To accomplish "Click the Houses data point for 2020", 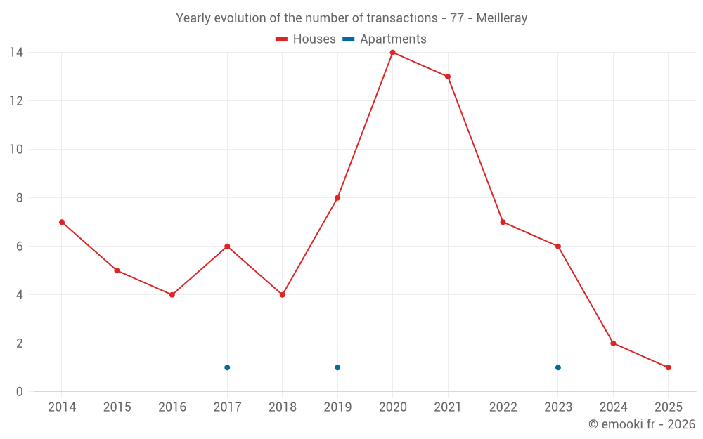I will [392, 53].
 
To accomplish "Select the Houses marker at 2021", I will [448, 77].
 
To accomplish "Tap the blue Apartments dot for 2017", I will [227, 367].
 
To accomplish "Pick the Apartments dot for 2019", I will [337, 367].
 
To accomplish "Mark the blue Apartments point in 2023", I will [558, 367].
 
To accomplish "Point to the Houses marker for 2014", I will [62, 222].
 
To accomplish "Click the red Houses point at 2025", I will [668, 367].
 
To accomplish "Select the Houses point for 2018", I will [282, 295].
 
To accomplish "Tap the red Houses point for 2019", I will [337, 198].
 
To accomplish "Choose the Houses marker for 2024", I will [613, 343].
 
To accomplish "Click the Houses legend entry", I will [306, 39].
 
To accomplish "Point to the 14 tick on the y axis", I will [15, 53].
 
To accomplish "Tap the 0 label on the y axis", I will [20, 392].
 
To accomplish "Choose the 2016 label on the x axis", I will [172, 407].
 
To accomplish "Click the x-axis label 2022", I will [503, 407].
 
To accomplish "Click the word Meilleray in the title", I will [501, 18].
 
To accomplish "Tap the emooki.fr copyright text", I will [642, 424].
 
